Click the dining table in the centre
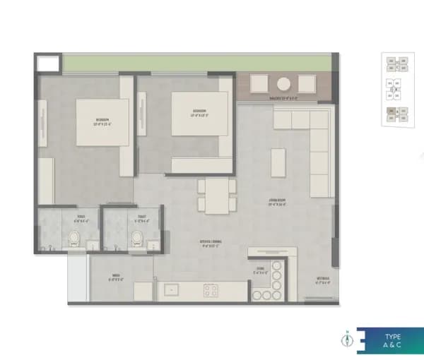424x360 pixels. [x=217, y=196]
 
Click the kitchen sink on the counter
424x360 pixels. [x=171, y=289]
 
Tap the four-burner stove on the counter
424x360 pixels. [x=211, y=289]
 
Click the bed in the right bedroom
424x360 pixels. [x=199, y=116]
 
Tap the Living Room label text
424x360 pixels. [x=276, y=200]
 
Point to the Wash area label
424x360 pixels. [x=117, y=277]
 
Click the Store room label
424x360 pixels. [x=260, y=270]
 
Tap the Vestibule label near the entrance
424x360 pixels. [x=322, y=280]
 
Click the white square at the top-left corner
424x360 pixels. [x=47, y=63]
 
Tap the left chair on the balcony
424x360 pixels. [x=259, y=84]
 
